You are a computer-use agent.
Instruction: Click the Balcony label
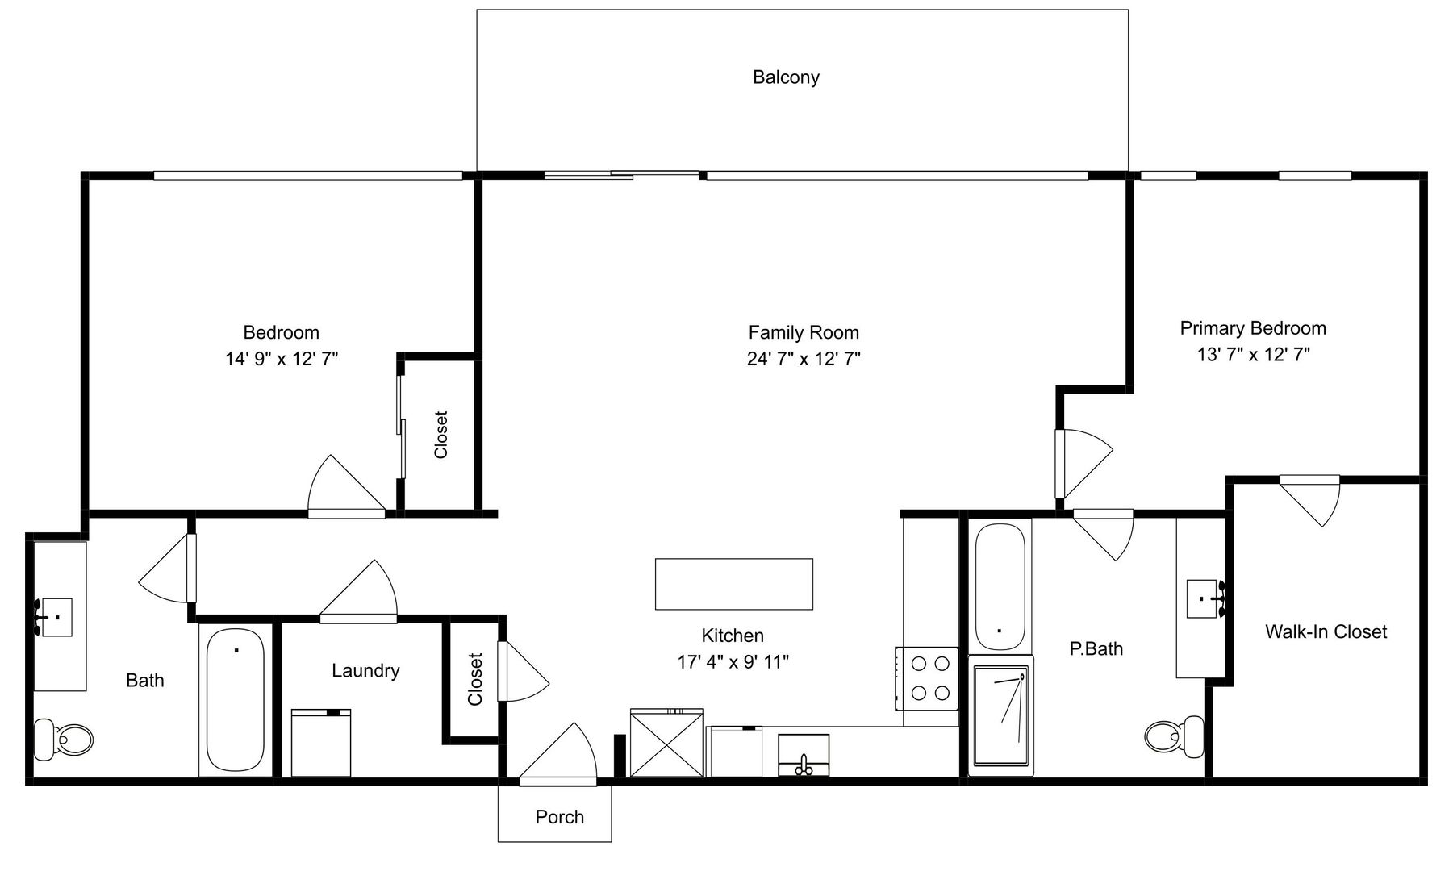[786, 77]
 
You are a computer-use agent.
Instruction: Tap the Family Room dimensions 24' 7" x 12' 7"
[804, 359]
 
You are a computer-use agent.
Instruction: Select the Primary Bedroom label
[1253, 328]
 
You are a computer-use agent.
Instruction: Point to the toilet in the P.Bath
[1174, 736]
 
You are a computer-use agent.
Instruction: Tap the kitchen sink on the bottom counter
[804, 755]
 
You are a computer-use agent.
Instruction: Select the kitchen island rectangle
[733, 584]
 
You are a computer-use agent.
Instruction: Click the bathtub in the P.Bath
[1000, 585]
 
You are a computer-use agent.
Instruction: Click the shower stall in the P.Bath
[1001, 715]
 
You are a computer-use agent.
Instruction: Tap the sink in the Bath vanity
[56, 618]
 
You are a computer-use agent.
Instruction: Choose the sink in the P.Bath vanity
[1206, 598]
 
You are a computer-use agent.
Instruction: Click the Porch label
[559, 817]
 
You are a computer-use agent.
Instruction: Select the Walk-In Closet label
[1326, 631]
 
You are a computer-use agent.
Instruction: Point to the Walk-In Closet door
[1309, 501]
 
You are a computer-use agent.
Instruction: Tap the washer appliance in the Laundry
[321, 743]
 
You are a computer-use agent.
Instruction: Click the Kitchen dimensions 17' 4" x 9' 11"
[733, 662]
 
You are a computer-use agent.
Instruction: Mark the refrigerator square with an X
[666, 743]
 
